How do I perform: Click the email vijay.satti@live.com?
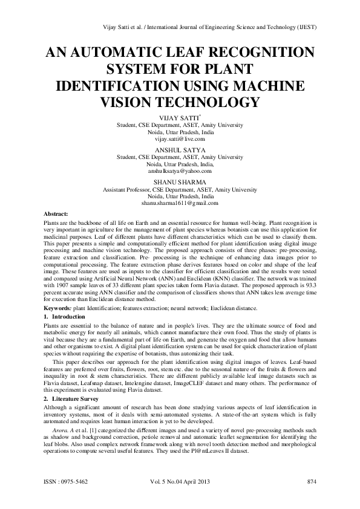point(180,139)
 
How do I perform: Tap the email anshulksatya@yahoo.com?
point(180,172)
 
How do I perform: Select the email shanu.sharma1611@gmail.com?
point(180,204)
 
